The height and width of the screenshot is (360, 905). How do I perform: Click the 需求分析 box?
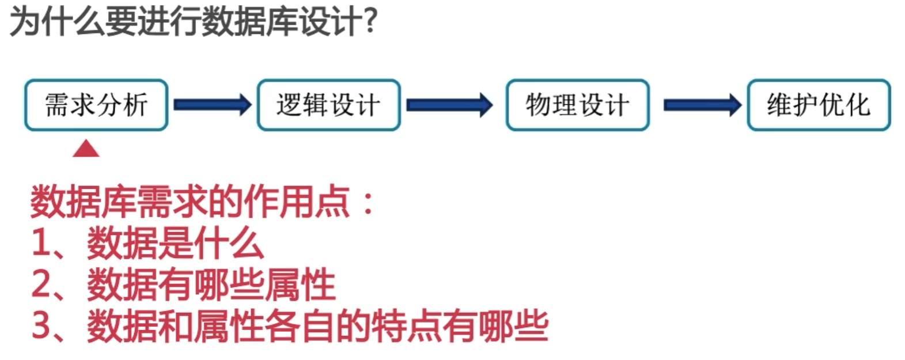(x=96, y=105)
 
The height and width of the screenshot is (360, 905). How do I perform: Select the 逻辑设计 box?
(x=328, y=105)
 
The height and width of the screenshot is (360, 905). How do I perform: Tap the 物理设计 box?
(x=577, y=105)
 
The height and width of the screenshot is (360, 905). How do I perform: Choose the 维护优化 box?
(x=819, y=105)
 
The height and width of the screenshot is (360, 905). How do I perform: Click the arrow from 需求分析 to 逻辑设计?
(x=212, y=105)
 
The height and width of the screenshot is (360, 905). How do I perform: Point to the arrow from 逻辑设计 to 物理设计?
(x=449, y=105)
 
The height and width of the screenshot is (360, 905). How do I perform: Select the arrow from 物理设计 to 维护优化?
(x=702, y=105)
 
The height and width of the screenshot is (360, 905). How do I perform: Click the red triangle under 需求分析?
(x=86, y=149)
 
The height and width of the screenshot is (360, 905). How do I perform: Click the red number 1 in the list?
(x=42, y=243)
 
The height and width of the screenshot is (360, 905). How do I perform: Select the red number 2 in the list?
(x=42, y=285)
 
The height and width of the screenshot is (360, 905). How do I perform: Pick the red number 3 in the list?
(x=42, y=326)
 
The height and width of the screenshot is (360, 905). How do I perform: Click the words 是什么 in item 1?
(x=211, y=243)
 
